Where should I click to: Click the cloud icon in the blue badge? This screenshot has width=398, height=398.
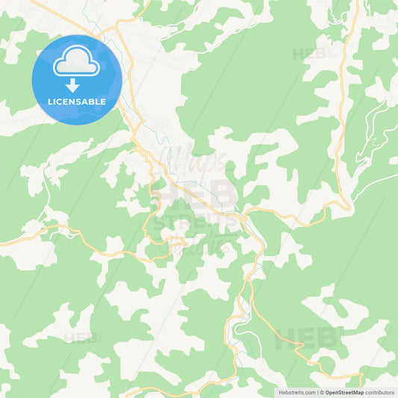(x=77, y=61)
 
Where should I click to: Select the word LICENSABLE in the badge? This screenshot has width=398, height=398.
(x=77, y=102)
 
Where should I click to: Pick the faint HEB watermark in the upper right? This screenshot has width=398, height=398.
(x=308, y=54)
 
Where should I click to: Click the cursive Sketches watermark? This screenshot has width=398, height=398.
(x=198, y=243)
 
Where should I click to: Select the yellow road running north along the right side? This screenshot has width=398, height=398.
(x=345, y=112)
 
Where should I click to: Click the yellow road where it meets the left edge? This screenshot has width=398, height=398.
(x=2, y=243)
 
